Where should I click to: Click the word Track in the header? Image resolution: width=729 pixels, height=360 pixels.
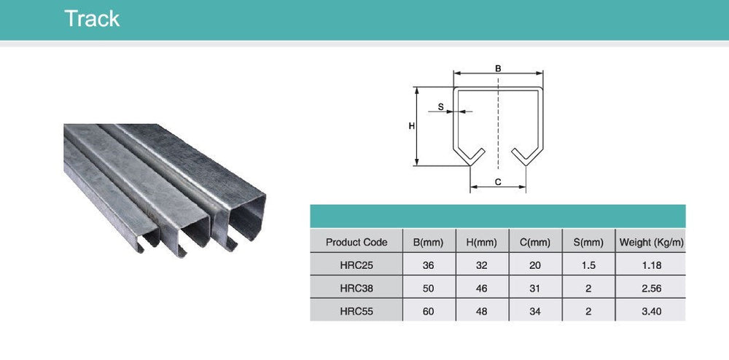[x=92, y=19]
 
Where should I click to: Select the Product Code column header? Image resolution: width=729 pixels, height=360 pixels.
[x=356, y=242]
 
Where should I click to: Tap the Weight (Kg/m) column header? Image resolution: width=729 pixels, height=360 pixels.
[x=651, y=242]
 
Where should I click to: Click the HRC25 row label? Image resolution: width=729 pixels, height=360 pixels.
[x=356, y=265]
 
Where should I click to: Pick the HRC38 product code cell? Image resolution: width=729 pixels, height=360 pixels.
[x=356, y=288]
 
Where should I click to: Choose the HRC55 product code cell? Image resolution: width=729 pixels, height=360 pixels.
[x=356, y=310]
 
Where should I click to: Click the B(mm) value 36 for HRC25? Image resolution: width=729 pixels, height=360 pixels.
[x=428, y=265]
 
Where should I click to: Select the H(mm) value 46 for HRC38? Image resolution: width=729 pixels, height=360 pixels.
[x=481, y=288]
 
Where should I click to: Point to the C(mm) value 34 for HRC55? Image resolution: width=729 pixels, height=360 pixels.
[x=535, y=310]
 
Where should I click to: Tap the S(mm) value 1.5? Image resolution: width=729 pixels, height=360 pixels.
[x=588, y=265]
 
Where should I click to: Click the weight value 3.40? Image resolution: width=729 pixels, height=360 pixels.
[x=651, y=310]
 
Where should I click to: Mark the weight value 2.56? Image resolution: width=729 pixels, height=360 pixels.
[x=651, y=288]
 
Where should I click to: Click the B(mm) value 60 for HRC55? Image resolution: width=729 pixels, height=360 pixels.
[x=428, y=310]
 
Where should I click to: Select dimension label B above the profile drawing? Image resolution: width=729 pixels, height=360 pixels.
[x=499, y=69]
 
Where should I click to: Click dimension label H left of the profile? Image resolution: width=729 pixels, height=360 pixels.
[x=411, y=126]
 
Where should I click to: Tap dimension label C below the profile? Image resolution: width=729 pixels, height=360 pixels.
[x=498, y=182]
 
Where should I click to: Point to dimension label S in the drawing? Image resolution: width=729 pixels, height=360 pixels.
[x=440, y=106]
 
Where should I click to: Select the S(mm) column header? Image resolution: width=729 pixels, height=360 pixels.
[x=588, y=242]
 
